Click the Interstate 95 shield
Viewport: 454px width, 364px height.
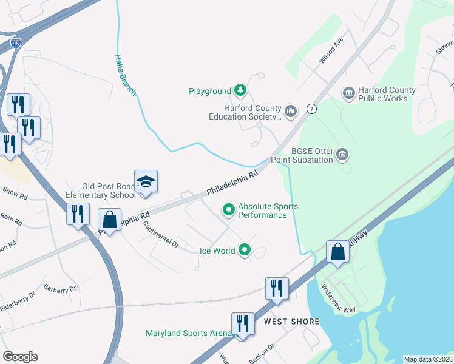pos(16,43)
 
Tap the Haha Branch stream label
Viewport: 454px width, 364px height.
pos(125,75)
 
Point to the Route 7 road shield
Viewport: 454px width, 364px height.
pos(311,109)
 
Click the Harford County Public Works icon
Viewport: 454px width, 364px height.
pos(348,93)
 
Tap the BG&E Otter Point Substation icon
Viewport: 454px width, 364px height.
pos(342,155)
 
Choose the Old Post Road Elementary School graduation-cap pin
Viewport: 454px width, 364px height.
pos(146,182)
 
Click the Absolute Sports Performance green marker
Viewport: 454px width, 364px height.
pos(229,210)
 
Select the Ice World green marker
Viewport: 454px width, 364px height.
pos(245,249)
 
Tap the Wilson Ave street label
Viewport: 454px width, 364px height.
pos(331,52)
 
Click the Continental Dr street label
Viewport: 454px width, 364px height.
pos(161,234)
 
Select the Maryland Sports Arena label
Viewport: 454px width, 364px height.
pos(188,333)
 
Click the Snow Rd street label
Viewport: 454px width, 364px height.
pos(15,194)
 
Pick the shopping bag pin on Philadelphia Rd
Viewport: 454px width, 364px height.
pos(109,220)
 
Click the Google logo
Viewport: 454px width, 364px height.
pos(20,357)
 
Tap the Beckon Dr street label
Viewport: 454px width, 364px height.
pos(262,352)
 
